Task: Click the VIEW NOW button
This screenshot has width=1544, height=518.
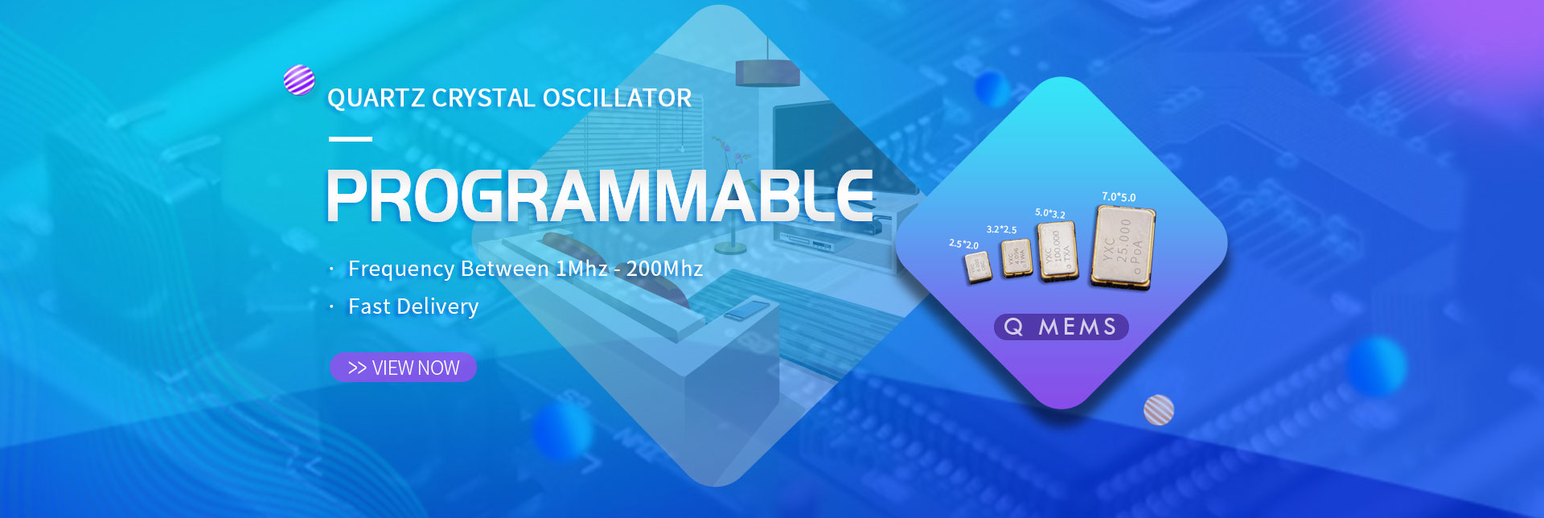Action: (403, 368)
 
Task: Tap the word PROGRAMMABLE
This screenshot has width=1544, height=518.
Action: (599, 196)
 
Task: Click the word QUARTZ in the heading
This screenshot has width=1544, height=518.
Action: (376, 98)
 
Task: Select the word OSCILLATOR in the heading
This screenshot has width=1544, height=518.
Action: (617, 98)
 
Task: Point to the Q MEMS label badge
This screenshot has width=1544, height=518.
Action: (1061, 327)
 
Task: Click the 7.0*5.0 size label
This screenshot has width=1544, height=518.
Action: (1119, 197)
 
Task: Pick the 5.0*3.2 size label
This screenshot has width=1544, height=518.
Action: (1049, 213)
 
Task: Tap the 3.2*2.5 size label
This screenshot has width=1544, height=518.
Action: (1001, 229)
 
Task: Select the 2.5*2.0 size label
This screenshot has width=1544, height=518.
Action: (963, 244)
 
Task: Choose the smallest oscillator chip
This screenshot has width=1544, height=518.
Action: (979, 266)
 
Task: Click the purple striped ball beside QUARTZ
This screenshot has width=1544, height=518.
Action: (299, 80)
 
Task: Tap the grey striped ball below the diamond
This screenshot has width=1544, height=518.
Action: (1159, 409)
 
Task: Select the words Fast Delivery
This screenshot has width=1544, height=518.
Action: (413, 306)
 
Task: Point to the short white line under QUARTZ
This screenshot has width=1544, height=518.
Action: (351, 139)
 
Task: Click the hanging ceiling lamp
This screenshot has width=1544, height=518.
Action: (767, 72)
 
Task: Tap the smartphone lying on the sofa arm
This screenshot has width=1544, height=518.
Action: (746, 309)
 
